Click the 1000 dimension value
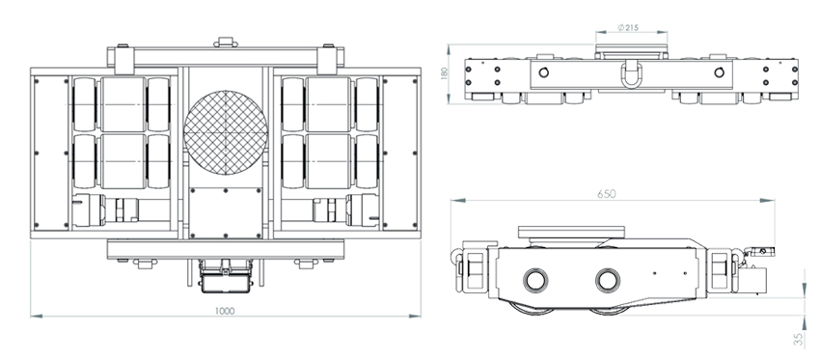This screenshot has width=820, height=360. point(225,311)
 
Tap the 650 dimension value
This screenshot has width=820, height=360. point(606,194)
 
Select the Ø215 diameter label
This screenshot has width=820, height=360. point(628,28)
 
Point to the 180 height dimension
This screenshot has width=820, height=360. point(445,72)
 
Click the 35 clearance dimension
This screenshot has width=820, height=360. point(798,340)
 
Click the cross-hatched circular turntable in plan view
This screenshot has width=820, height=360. point(226,133)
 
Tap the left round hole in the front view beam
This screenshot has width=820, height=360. point(544,72)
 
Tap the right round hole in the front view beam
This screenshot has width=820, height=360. point(719,72)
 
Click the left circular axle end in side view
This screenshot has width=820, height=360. point(536,281)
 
